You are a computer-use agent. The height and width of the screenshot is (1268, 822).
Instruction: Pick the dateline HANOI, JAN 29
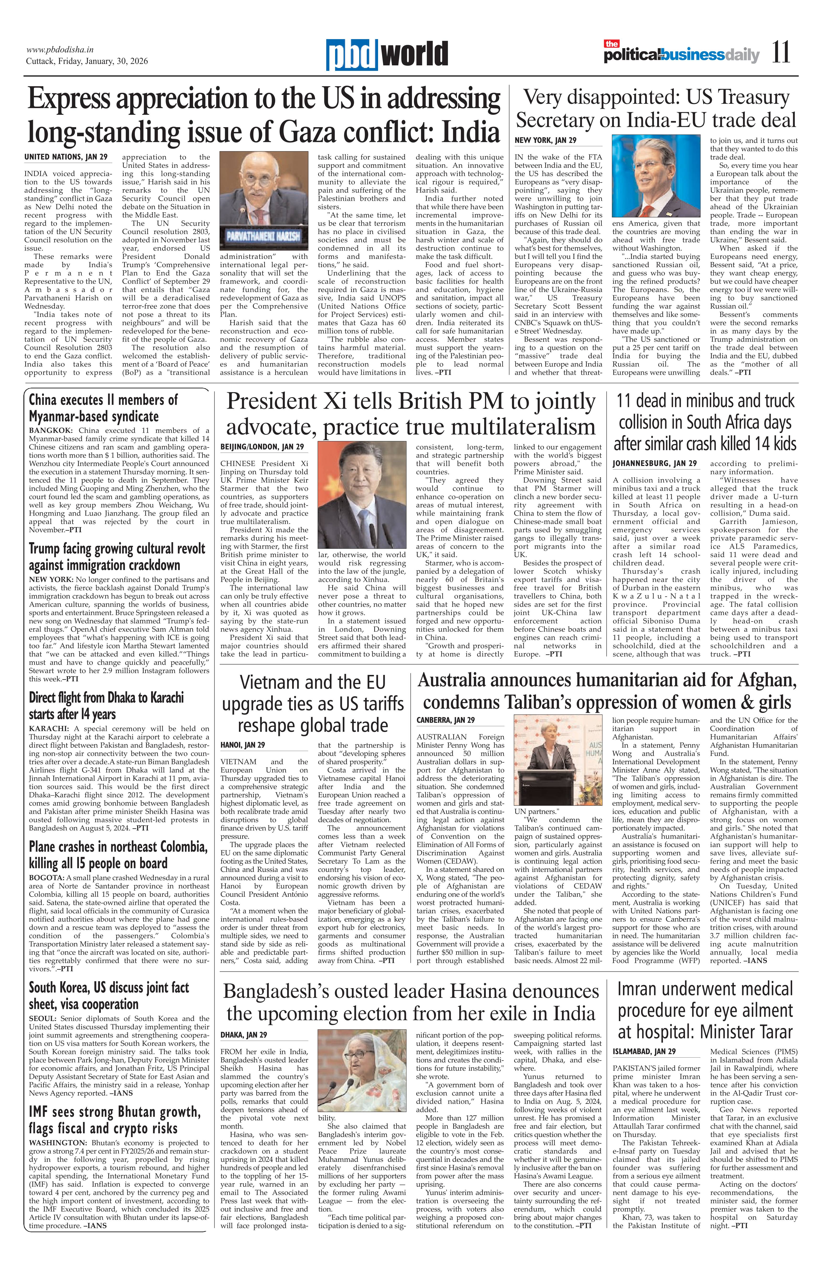point(242,745)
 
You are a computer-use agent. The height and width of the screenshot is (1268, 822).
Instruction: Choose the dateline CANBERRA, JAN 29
point(446,720)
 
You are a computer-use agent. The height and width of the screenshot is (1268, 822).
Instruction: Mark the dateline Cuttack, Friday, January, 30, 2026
point(87,61)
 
